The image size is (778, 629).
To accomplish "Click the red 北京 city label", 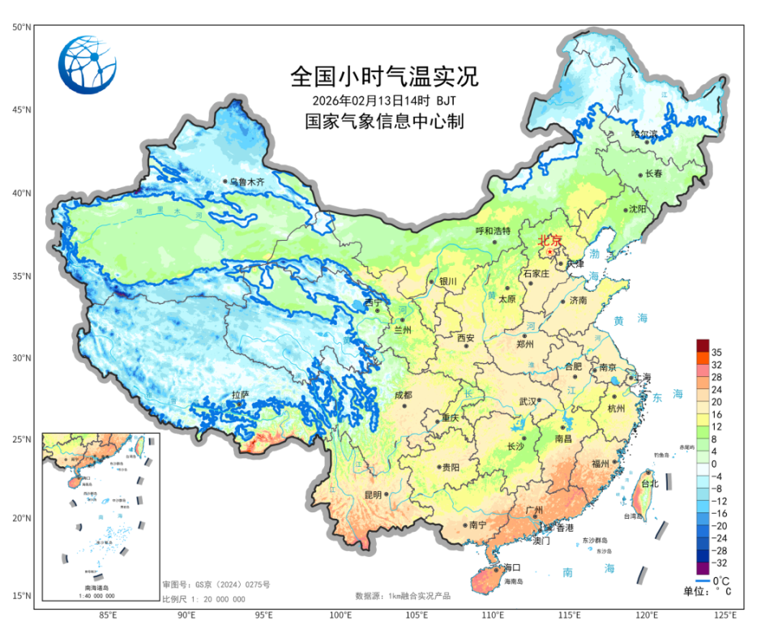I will tap(551, 241).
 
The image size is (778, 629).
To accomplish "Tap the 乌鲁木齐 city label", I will tap(247, 182).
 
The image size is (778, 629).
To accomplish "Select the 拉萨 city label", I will tap(240, 395).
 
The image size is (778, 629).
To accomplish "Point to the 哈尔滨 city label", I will tap(646, 135).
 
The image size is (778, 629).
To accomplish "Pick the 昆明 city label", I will tap(372, 494).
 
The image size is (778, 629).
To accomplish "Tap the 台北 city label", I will tap(650, 483).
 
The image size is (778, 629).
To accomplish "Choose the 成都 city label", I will tap(403, 395).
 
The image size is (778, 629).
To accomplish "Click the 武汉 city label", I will tap(528, 401).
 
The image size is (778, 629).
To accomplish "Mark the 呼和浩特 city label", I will tap(493, 231).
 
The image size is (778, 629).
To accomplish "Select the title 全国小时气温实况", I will tap(384, 77).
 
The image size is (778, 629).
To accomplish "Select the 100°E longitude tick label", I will tap(340, 614).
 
